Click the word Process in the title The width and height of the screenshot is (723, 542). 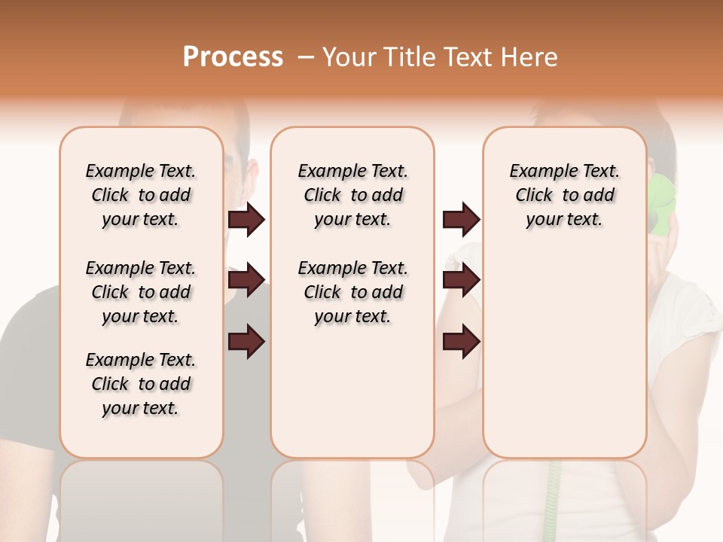click(x=233, y=57)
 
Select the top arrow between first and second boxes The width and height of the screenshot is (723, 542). click(x=246, y=220)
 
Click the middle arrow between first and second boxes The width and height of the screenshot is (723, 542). click(x=246, y=280)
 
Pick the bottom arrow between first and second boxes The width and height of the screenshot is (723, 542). click(x=246, y=342)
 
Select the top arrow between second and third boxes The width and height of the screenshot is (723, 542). click(x=461, y=220)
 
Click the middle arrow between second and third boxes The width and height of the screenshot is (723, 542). click(x=461, y=280)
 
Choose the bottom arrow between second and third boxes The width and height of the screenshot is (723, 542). click(x=461, y=342)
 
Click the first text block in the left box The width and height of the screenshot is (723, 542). click(x=141, y=195)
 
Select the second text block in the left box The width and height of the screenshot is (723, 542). click(x=141, y=292)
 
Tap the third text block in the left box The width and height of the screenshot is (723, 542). click(x=141, y=384)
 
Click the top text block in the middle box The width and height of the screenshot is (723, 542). click(x=353, y=195)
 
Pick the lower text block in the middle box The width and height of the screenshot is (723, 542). click(x=353, y=292)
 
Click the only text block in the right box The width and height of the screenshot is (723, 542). click(x=565, y=195)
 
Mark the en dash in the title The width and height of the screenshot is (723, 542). click(x=306, y=57)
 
